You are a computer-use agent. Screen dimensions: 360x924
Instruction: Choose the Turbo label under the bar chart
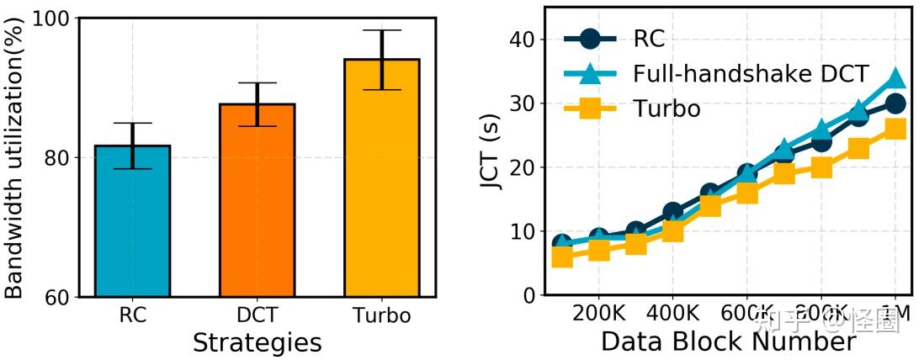point(382,316)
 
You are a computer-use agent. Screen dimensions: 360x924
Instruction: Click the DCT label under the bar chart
point(258,316)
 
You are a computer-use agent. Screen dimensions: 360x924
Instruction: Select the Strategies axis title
point(257,343)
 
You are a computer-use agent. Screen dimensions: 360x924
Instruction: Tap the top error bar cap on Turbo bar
point(382,30)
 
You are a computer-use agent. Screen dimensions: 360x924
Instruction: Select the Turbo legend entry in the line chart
point(666,109)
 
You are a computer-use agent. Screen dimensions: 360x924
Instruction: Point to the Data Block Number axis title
point(728,342)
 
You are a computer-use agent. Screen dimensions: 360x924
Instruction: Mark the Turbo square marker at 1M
point(895,129)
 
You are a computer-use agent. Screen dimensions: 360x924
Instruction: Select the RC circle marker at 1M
point(895,103)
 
